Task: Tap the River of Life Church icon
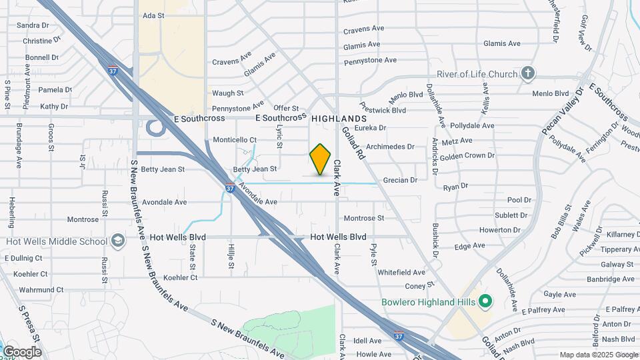528,73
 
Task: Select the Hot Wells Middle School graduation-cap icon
118,241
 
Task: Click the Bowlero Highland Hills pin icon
485,302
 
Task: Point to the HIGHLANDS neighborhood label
339,118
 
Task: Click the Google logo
22,351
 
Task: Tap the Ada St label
153,15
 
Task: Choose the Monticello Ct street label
235,140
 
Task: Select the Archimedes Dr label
390,147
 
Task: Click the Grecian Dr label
400,180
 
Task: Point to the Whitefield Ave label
401,273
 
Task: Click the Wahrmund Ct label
41,290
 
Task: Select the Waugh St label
228,93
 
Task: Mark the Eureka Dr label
371,127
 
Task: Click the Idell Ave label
367,341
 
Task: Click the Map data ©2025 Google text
598,355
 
